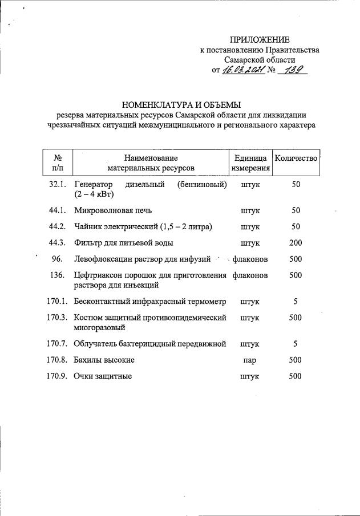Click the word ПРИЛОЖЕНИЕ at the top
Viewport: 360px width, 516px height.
pos(260,39)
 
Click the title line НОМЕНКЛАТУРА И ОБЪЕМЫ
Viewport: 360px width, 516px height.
pos(181,104)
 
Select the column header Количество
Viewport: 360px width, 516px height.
pos(296,157)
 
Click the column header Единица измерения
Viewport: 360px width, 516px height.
pos(250,162)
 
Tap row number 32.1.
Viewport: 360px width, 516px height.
pos(58,185)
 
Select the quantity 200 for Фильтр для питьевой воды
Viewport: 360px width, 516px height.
pos(296,243)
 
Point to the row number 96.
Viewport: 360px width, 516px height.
pos(56,259)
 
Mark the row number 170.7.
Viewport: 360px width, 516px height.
pos(58,344)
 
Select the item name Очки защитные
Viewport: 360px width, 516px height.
pos(103,376)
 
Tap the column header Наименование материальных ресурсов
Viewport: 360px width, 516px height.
pos(151,162)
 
